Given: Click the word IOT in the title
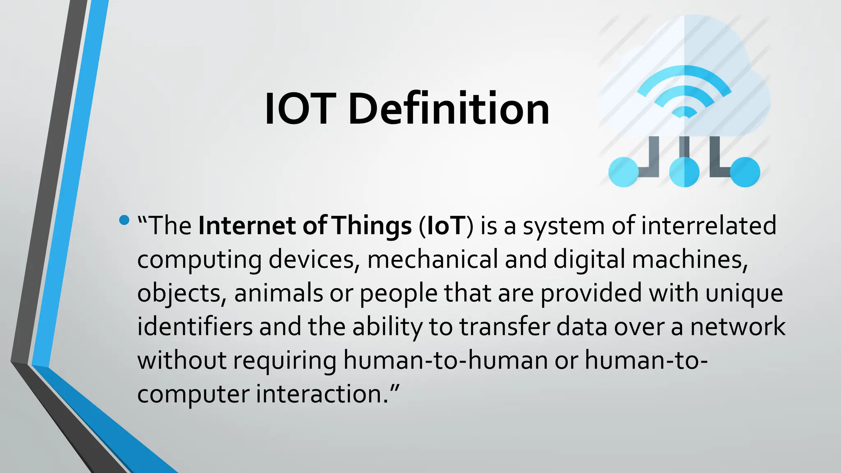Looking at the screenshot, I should point(300,109).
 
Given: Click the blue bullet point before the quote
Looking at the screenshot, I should point(124,220).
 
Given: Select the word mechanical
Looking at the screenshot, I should point(432,259).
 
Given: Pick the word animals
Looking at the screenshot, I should point(278,293).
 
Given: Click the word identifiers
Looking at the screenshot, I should point(195,327).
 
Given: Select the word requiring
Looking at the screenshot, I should point(285,360).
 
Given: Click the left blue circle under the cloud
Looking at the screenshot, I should point(623,172).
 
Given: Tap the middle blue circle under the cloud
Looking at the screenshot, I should point(684,172).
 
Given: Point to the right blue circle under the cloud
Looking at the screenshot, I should point(745,172).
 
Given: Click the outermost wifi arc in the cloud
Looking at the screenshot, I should point(684,72).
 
